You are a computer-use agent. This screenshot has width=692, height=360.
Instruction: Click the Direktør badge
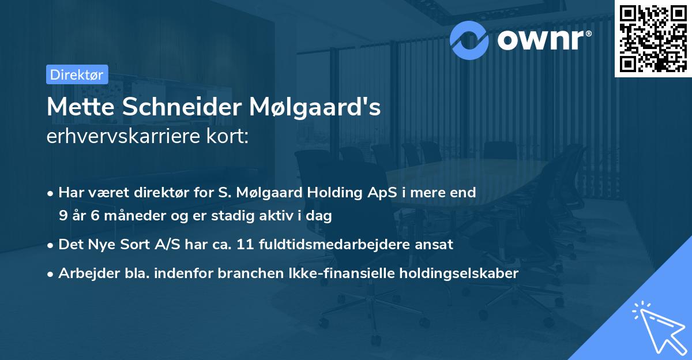click(77, 74)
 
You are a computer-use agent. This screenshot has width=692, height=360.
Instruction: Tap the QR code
click(653, 38)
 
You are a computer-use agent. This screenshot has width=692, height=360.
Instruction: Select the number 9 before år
click(63, 216)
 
